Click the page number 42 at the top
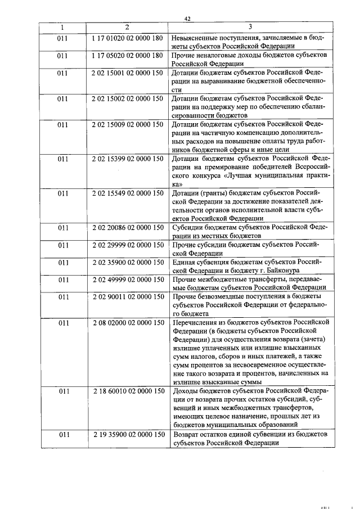pyautogui.click(x=187, y=19)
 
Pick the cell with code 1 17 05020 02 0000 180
pyautogui.click(x=127, y=56)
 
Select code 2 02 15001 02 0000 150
pyautogui.click(x=127, y=73)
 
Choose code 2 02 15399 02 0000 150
pyautogui.click(x=127, y=159)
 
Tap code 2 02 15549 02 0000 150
pyautogui.click(x=127, y=193)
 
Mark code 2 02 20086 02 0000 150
pyautogui.click(x=127, y=228)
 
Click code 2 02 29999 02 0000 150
pyautogui.click(x=127, y=245)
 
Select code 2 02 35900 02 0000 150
pyautogui.click(x=127, y=262)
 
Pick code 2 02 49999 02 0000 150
pyautogui.click(x=127, y=280)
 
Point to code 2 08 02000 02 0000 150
pyautogui.click(x=127, y=323)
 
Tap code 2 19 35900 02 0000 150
pyautogui.click(x=127, y=434)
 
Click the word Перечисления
pyautogui.click(x=197, y=323)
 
